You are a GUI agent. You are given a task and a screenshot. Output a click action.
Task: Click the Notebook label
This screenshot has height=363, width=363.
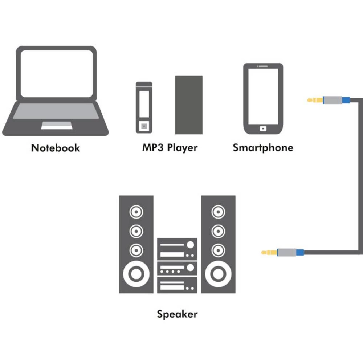(x=56, y=148)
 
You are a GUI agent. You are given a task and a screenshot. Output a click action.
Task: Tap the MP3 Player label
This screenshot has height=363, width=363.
(x=170, y=148)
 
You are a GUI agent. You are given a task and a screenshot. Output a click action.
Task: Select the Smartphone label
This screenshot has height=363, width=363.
(x=263, y=148)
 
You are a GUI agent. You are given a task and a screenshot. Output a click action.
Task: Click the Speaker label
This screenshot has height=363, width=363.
(x=177, y=314)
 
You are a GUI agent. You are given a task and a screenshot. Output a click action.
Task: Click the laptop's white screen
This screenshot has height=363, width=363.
(x=57, y=73)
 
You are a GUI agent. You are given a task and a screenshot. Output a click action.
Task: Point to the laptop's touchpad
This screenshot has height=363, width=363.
(x=56, y=125)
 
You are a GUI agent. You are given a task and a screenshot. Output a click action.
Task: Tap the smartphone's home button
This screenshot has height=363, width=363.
(x=263, y=128)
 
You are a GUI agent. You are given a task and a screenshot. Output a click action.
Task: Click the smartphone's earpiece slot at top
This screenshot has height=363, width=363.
(x=263, y=66)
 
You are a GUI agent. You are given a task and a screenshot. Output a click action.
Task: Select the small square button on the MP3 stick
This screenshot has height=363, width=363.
(x=144, y=126)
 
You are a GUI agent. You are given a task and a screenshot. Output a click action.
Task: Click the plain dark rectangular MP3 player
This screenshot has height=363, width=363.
(x=189, y=105)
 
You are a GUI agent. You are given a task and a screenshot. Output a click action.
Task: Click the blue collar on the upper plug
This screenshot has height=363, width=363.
(x=346, y=100)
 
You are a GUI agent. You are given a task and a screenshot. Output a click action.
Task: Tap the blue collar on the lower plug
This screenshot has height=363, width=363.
(x=300, y=252)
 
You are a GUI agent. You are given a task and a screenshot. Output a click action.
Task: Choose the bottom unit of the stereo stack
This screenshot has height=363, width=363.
(x=177, y=285)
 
